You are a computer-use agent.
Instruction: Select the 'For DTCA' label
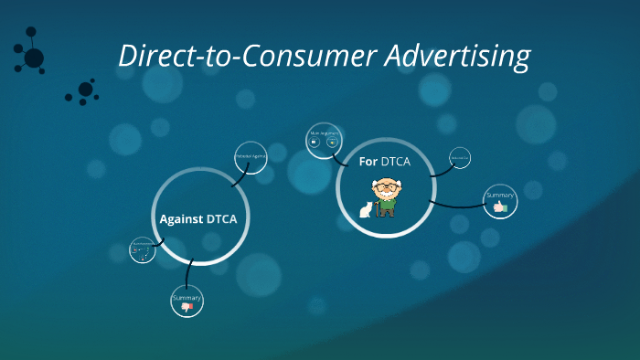pos(383,162)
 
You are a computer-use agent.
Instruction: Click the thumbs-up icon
pos(499,208)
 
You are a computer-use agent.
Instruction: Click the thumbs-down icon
pos(187,308)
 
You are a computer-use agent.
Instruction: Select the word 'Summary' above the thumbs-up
pos(500,196)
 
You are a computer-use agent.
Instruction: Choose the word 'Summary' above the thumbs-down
pos(187,298)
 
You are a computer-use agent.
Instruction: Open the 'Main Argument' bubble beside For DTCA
pos(324,139)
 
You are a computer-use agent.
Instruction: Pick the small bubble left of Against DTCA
pos(143,250)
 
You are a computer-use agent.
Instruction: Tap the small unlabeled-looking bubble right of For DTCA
pos(460,160)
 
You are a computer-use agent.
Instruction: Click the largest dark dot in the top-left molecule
pos(34,58)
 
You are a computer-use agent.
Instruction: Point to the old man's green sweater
pos(389,205)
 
